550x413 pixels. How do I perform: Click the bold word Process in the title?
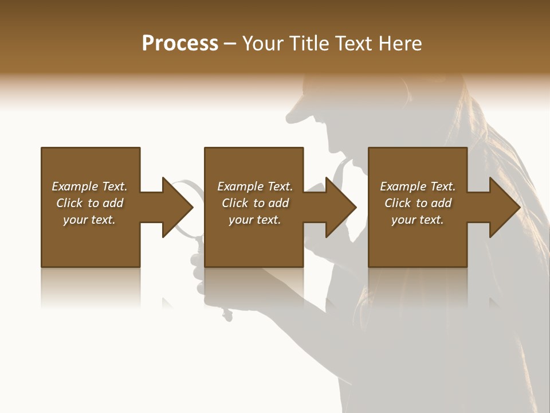[180, 44]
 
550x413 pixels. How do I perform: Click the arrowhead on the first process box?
[177, 207]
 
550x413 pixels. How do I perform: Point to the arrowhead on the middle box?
[341, 207]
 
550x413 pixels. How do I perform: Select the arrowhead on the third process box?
[504, 207]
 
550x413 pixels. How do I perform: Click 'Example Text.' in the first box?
[89, 186]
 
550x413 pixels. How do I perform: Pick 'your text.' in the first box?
[89, 220]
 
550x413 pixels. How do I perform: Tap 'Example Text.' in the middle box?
[255, 186]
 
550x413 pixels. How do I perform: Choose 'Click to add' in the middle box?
[255, 203]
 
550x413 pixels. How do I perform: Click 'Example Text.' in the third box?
[418, 186]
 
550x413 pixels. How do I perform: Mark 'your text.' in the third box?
[418, 220]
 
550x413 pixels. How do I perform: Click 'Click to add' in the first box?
[89, 203]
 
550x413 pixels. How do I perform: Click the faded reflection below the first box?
[91, 287]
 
